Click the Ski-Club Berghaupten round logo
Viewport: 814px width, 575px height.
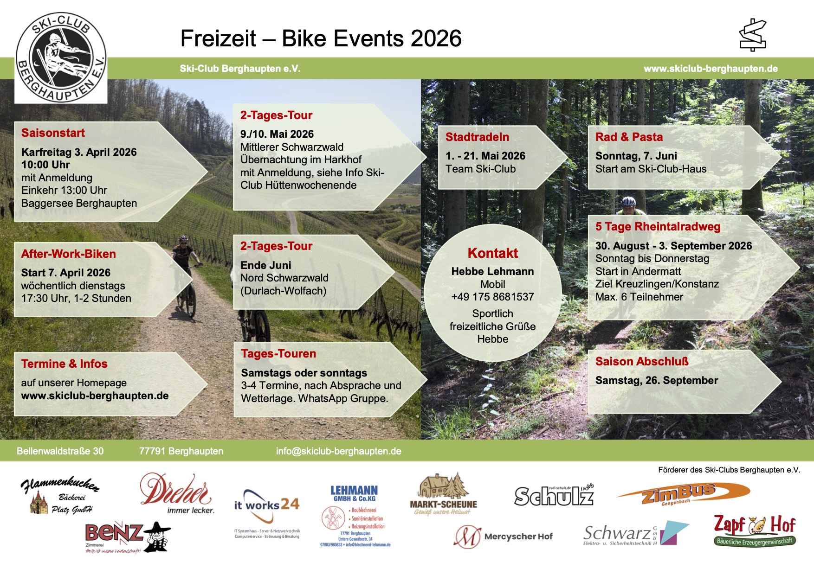(61, 57)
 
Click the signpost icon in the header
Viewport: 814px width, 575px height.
(752, 35)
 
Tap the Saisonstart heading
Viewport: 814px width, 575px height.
(53, 133)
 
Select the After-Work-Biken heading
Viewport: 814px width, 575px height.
(68, 254)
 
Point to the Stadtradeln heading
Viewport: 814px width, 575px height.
(477, 137)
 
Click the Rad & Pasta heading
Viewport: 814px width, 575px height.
(629, 137)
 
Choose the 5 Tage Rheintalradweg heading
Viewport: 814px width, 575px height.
(658, 227)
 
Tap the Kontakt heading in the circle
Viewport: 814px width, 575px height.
(492, 253)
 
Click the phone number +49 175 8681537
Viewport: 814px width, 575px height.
(492, 297)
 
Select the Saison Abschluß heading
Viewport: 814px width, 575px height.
(642, 362)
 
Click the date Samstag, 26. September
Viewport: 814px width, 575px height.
(656, 381)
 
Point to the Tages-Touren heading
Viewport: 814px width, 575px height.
(278, 354)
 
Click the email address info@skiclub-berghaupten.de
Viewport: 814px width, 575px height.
(338, 451)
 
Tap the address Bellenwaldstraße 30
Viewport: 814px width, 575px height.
(60, 451)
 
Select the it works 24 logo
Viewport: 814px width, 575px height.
(267, 505)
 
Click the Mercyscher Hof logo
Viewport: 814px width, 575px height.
(503, 537)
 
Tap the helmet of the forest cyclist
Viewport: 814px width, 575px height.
(628, 202)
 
